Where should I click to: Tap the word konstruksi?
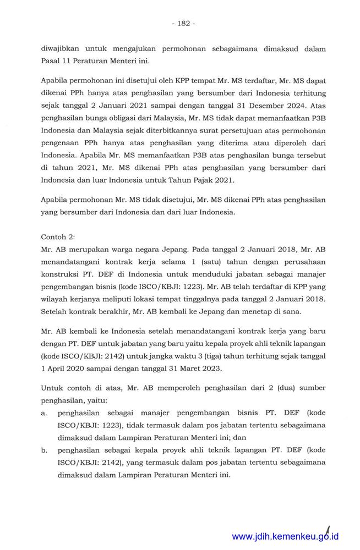[62, 275]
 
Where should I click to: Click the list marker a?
[43, 414]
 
